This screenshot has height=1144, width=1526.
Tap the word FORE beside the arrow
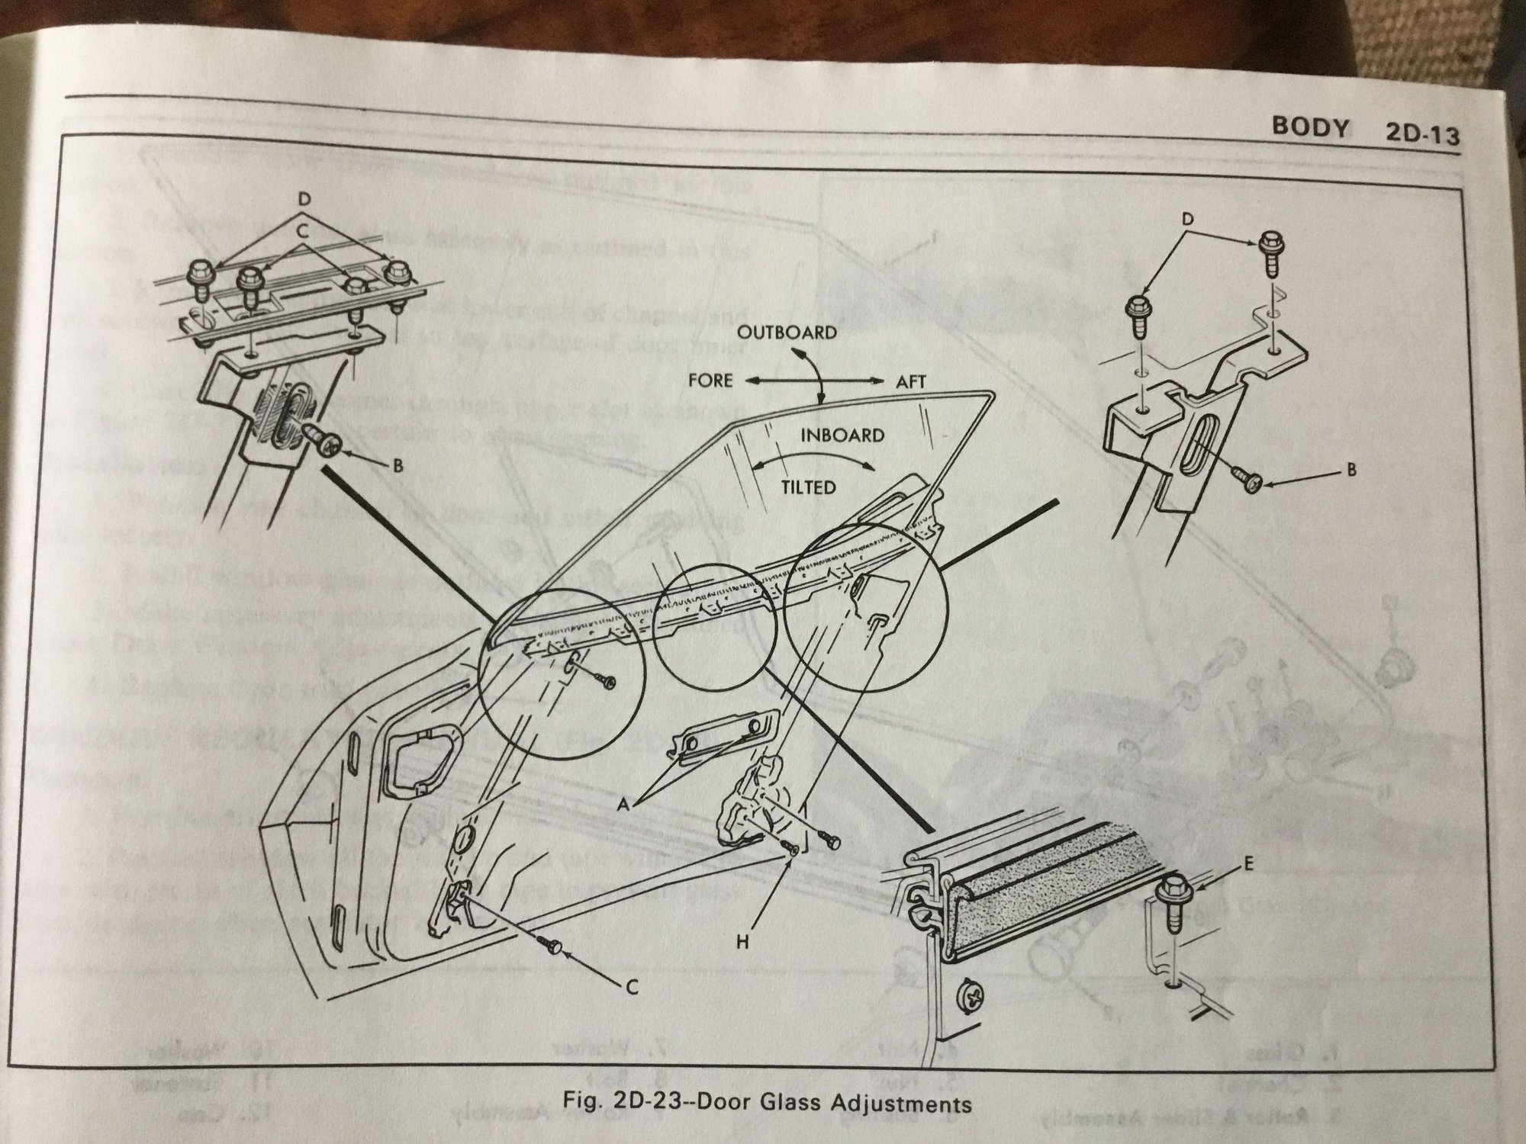[710, 380]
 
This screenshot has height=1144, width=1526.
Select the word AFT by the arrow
[909, 382]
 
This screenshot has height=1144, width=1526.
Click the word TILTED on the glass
[808, 487]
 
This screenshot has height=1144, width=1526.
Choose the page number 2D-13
[1421, 137]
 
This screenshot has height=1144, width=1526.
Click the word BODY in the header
[1309, 128]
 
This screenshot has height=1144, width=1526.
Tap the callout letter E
[1249, 866]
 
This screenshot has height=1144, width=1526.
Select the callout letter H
[743, 943]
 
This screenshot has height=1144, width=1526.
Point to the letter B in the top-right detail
[1351, 471]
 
